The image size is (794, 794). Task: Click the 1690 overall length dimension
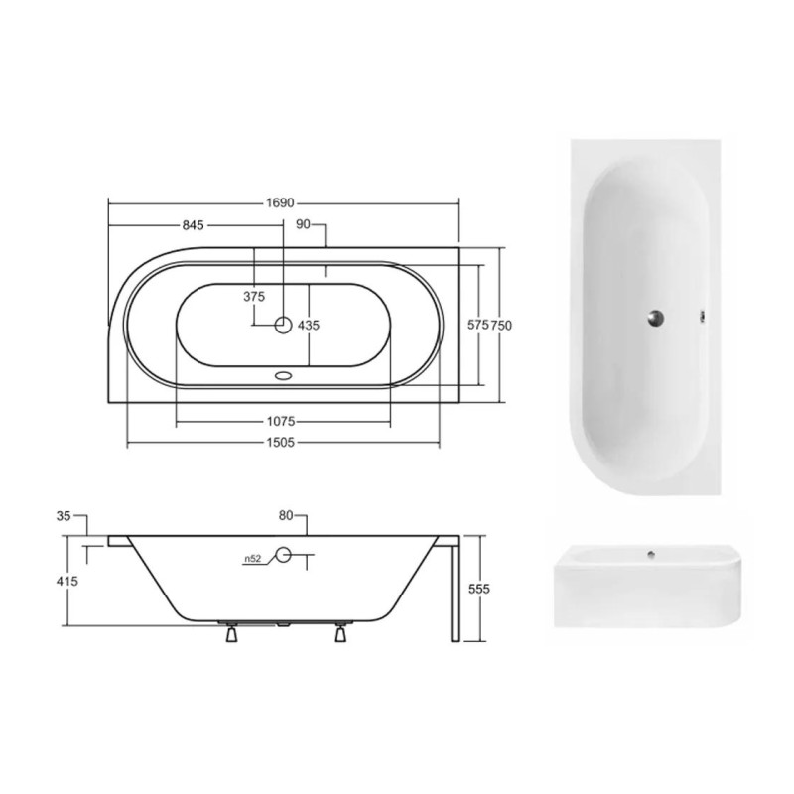point(280,203)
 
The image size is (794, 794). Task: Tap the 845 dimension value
point(193,225)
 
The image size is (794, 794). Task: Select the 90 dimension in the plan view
point(303,224)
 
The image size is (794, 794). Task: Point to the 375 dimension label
point(254,296)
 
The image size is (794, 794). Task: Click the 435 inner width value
point(309,326)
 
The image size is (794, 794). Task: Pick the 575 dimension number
point(478,325)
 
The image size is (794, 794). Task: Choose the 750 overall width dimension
point(501,325)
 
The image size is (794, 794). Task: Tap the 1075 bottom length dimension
point(281,421)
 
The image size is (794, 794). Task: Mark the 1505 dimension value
point(281,443)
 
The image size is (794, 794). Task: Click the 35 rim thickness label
point(64,516)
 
